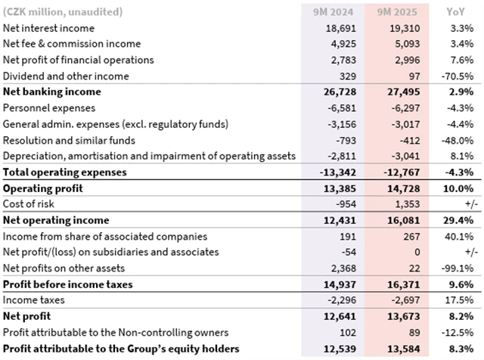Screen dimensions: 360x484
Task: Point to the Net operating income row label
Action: point(56,220)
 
